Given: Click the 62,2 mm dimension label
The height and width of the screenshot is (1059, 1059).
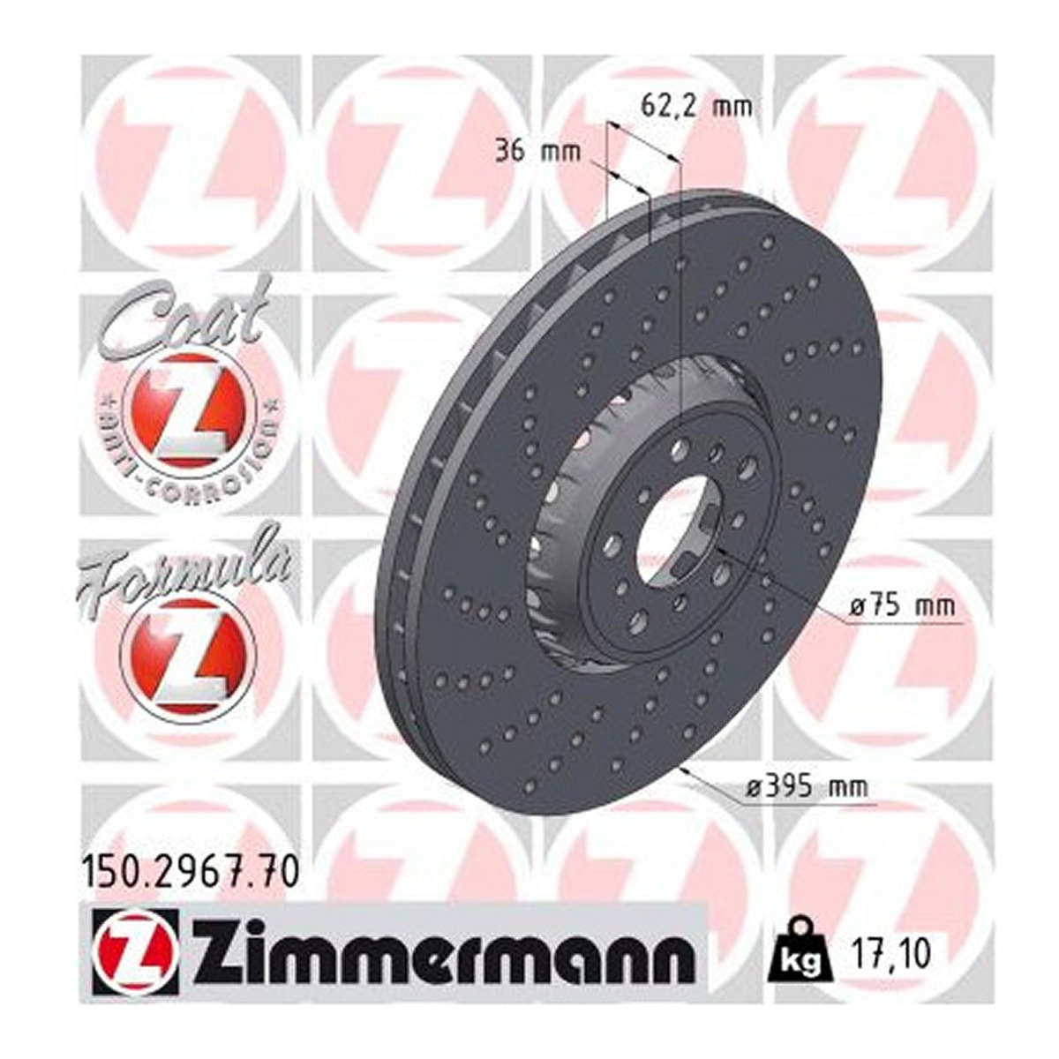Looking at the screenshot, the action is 696,105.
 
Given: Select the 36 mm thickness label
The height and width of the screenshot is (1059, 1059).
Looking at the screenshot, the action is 538,151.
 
